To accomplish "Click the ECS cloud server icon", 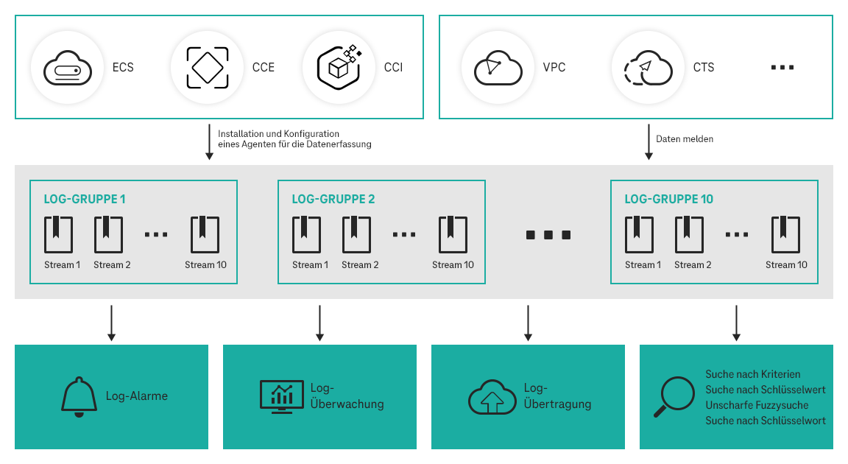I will point(67,68).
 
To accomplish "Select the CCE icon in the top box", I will point(207,68).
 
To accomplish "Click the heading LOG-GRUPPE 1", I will point(85,199).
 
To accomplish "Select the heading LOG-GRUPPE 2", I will point(333,199).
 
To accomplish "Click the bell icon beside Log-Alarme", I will point(79,397).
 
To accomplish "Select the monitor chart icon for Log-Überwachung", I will point(281,396).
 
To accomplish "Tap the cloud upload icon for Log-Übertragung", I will point(492,397).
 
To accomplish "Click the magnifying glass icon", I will point(673,397).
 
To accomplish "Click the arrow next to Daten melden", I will point(649,141).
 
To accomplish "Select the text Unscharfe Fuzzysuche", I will point(757,405).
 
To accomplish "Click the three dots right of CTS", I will point(782,68).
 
